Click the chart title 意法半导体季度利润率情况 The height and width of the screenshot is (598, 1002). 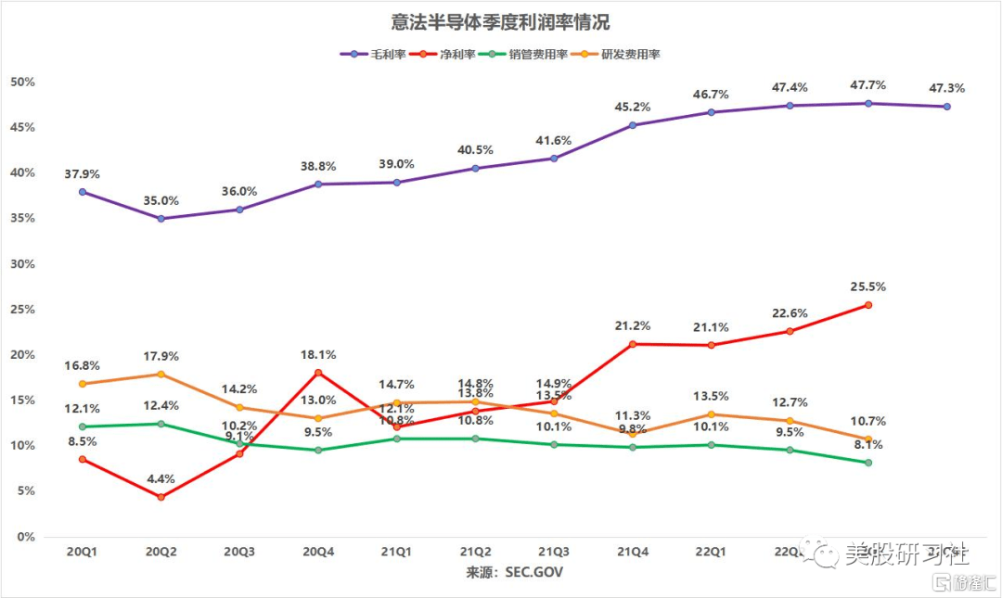click(x=501, y=21)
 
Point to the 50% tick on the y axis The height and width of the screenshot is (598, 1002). click(x=22, y=82)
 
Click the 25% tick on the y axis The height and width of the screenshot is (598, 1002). click(x=22, y=310)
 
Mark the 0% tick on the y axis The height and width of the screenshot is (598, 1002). click(x=25, y=537)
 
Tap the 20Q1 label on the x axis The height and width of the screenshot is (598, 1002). click(x=82, y=553)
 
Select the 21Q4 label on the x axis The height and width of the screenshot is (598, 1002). click(x=633, y=553)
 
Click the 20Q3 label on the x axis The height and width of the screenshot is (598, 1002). click(x=239, y=553)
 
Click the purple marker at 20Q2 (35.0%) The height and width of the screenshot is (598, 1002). click(x=161, y=219)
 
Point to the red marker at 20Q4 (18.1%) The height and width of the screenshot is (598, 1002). click(x=318, y=373)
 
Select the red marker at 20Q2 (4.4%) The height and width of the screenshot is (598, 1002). click(x=161, y=497)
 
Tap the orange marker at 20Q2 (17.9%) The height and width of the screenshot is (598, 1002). click(x=161, y=375)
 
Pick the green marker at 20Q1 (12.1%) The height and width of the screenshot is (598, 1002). click(x=82, y=426)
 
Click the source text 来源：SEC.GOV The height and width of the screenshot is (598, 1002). click(x=514, y=572)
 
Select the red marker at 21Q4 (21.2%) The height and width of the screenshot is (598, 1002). click(x=633, y=344)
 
